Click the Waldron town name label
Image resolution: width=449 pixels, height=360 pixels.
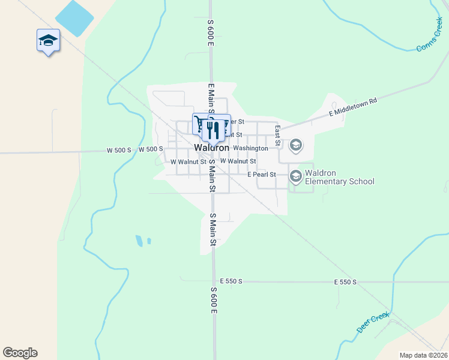coord(211,148)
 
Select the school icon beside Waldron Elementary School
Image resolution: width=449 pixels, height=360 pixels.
coord(295,176)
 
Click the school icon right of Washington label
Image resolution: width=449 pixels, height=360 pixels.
coord(295,145)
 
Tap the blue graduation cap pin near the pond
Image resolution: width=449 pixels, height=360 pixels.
coord(48,41)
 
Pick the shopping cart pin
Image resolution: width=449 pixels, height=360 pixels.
coord(200,124)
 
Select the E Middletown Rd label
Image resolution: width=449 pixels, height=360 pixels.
coord(352,107)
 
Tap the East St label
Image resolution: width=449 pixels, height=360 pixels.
coord(278,136)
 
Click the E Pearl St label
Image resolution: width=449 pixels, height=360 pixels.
coord(261,175)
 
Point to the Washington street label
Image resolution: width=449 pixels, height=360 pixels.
coord(250,148)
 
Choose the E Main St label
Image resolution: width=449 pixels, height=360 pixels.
coord(211,99)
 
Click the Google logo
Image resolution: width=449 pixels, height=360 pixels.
coord(20,353)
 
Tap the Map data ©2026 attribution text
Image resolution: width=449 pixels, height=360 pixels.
coord(423,355)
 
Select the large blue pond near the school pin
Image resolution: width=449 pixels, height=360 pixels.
coord(74,18)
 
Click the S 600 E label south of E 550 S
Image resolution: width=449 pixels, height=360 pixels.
coord(214,300)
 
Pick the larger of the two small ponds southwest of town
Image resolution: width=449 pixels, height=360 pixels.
coord(139,241)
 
